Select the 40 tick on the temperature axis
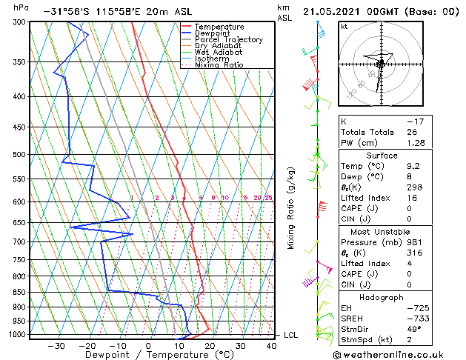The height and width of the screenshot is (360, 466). coord(272,345)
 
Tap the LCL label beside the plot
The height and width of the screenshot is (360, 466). coord(292,335)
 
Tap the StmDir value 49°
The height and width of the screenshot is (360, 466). coord(415,329)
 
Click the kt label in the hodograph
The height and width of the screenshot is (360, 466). coord(344,27)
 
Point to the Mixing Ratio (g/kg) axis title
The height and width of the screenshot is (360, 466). coord(291,208)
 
